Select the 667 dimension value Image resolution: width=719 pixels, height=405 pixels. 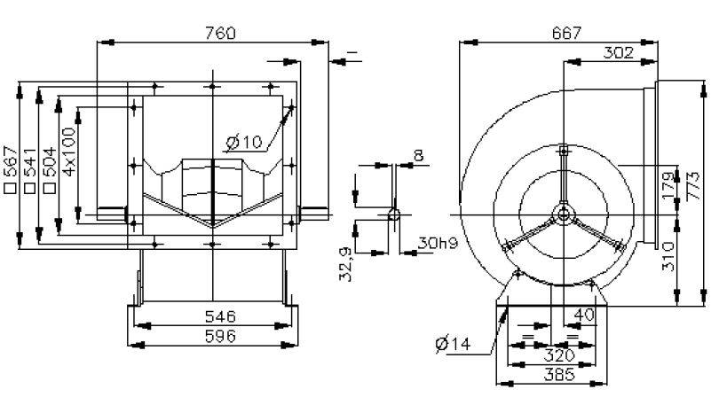coord(566,34)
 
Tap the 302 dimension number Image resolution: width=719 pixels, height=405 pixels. coord(618,53)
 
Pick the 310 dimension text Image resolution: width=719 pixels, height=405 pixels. coord(668,257)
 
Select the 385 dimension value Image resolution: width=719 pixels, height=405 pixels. coord(553,375)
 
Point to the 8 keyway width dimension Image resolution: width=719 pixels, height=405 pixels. coord(417,156)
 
